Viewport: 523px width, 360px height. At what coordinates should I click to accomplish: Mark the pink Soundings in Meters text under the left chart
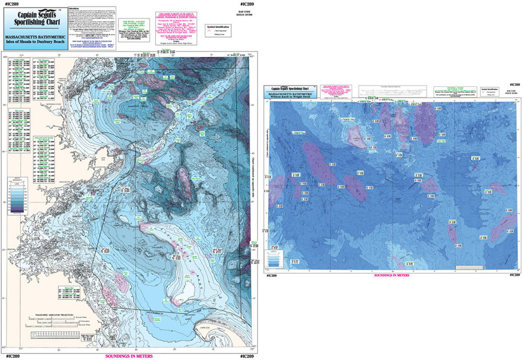[x=129, y=356]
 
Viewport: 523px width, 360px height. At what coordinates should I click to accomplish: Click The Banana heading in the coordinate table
[x=44, y=60]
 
